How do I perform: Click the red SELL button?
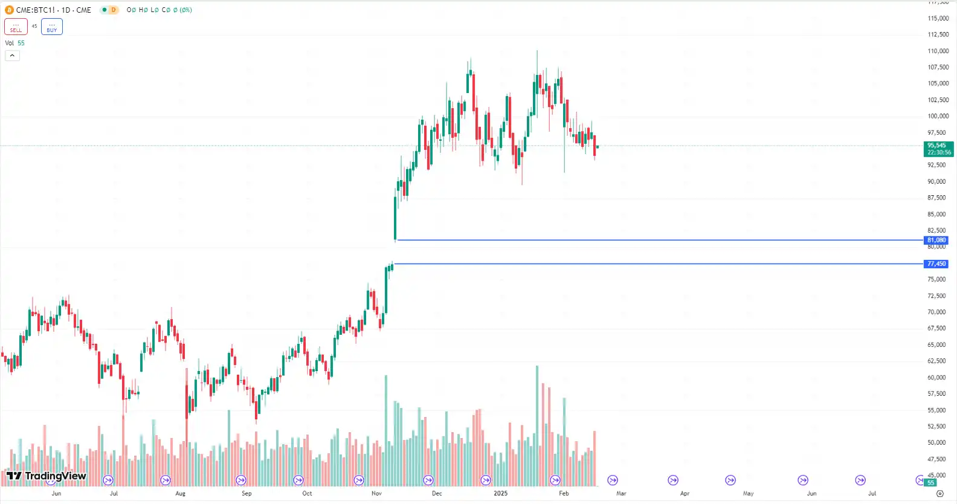coord(16,27)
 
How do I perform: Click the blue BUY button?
coord(52,27)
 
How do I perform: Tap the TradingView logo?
coord(47,476)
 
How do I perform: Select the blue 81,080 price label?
coord(936,241)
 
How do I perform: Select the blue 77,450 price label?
coord(936,264)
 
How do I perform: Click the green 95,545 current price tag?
coord(938,149)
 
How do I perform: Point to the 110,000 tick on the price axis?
coord(938,51)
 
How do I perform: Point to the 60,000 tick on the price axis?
coord(936,378)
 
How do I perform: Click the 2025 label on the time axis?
coord(500,494)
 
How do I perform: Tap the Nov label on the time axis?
coord(376,494)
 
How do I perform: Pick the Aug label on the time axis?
coord(180,494)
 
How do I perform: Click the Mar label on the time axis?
coord(621,494)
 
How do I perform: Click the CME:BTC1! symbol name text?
coord(36,10)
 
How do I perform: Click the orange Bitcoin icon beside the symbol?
coord(9,10)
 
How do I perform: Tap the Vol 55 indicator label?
coord(14,44)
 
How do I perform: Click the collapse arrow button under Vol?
coord(12,56)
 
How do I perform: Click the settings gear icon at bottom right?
coord(939,494)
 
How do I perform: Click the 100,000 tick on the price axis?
coord(938,117)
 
